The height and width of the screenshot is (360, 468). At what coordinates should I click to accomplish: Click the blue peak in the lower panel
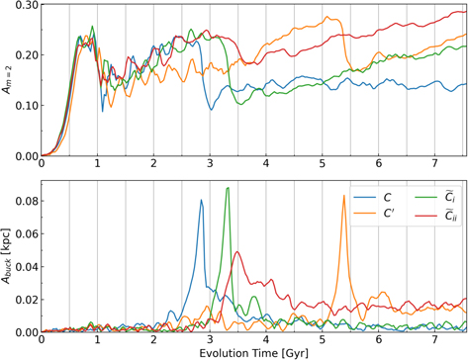coord(201,201)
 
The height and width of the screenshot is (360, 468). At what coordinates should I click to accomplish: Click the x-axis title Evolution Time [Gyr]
coord(253,352)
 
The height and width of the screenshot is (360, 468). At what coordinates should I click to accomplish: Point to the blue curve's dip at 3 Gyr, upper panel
coord(211,109)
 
